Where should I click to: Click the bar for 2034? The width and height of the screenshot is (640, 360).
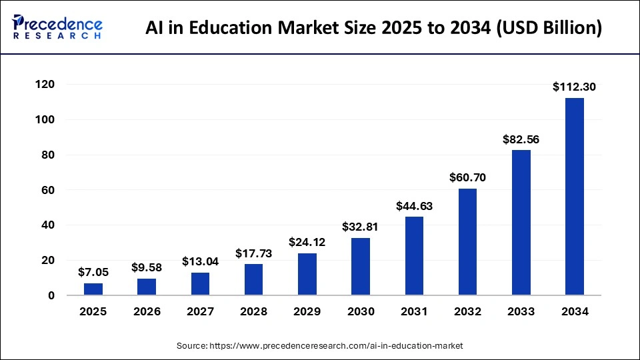coord(574,197)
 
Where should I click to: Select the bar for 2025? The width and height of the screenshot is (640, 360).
coord(93,289)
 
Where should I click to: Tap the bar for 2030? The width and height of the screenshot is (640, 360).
coord(361,267)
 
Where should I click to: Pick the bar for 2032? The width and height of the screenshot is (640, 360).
coord(467,242)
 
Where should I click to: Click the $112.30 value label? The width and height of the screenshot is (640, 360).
coord(574,86)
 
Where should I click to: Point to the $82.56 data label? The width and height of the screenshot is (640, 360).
coord(521,139)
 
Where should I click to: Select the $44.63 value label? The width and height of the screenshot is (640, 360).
coord(414,206)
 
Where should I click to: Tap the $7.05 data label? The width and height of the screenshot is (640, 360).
coord(93,271)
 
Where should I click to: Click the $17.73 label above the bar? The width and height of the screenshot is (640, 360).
coord(254,253)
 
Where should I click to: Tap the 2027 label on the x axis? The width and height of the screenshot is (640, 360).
coord(200,311)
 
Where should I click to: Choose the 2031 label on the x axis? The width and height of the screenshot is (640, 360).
coord(414,311)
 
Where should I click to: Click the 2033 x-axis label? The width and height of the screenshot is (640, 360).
coord(521,311)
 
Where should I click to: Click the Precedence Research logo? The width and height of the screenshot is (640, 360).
coord(57,27)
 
